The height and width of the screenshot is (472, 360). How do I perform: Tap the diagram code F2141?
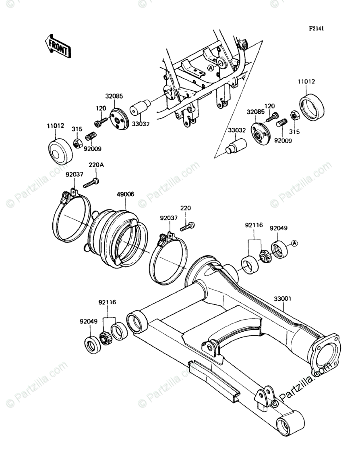(316, 29)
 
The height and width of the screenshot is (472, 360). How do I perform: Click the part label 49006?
(126, 194)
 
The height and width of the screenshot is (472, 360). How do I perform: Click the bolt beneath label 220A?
(91, 183)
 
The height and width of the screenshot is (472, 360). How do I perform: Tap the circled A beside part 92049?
(294, 243)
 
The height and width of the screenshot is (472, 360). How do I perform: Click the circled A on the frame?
(211, 68)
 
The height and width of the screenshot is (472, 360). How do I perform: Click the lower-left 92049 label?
(88, 322)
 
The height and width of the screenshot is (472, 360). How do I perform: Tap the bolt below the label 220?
(188, 227)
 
